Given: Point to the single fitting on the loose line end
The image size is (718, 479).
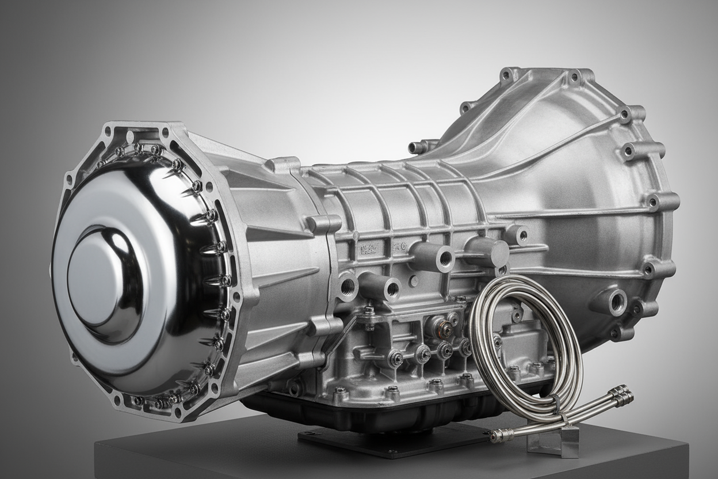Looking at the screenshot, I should click(495, 438).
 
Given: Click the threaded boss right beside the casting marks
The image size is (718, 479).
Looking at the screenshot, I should click(437, 257).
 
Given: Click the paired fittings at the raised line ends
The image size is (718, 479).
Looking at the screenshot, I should click(621, 396).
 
